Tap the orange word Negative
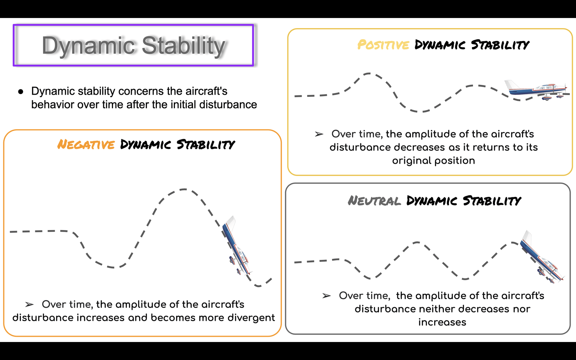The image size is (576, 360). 86,144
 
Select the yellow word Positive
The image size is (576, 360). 383,45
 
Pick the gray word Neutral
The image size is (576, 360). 374,201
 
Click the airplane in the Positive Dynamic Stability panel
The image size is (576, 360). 537,90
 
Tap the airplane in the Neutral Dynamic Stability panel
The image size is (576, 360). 541,257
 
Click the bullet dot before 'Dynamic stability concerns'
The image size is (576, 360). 21,92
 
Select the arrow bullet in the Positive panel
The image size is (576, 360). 319,134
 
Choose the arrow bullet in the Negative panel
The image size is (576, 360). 29,305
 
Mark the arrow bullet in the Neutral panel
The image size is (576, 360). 326,296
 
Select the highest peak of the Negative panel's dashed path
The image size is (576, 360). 184,189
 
